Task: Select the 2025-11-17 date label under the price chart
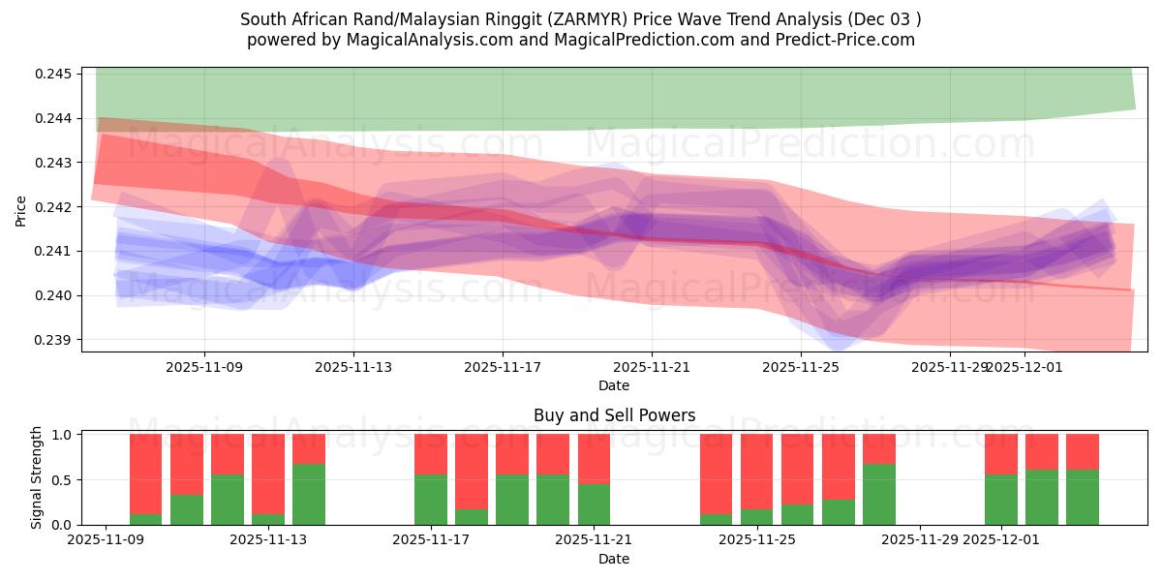[x=503, y=367]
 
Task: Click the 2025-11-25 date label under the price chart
[x=800, y=367]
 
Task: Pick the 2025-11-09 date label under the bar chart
[x=105, y=540]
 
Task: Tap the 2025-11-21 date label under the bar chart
[x=594, y=540]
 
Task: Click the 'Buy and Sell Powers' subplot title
[x=614, y=415]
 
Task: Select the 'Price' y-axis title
[x=21, y=210]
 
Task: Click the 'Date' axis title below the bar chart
[x=614, y=559]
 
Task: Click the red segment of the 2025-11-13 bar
[x=309, y=448]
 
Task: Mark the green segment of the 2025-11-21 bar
[x=594, y=505]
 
